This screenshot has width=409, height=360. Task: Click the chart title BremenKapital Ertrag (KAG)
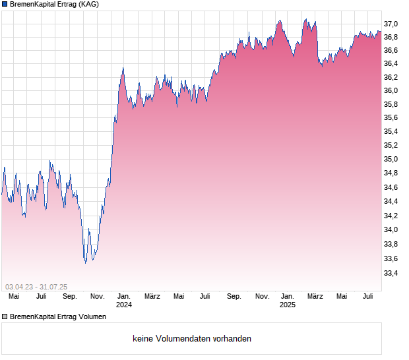[54, 5]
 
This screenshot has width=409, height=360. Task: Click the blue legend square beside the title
[5, 5]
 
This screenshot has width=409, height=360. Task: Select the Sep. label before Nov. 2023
[70, 297]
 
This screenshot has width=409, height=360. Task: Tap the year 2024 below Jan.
[124, 305]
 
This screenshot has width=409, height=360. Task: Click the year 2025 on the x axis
[288, 305]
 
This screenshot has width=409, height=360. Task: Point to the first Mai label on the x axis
[14, 297]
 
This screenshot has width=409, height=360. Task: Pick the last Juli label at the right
[369, 297]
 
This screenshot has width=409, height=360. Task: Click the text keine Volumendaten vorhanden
[192, 339]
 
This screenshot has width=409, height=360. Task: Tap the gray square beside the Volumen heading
[5, 316]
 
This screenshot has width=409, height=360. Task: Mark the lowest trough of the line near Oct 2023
[86, 262]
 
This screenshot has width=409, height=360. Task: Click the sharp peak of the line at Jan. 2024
[123, 68]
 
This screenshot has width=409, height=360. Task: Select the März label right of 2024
[152, 297]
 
